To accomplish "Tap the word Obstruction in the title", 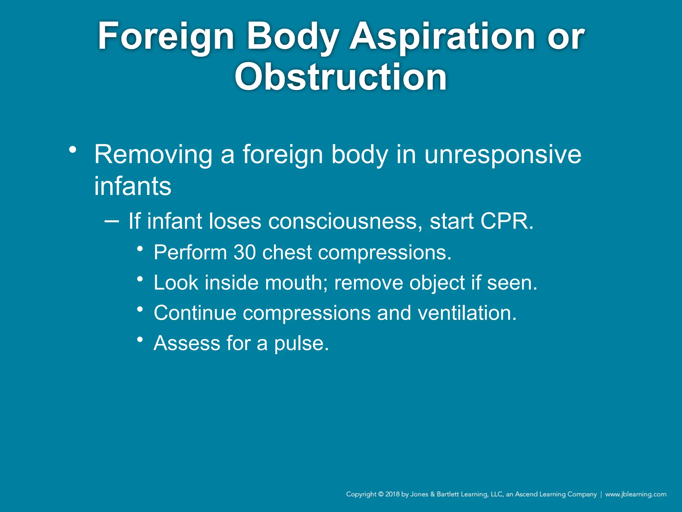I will [340, 77].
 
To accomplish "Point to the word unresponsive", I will [503, 155].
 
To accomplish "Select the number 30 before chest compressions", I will [245, 252].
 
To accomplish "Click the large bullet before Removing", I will [73, 150].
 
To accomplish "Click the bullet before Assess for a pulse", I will [140, 340].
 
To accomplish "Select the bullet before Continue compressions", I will [140, 309].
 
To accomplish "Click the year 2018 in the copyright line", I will [392, 494].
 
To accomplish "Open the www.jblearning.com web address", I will [635, 494].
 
